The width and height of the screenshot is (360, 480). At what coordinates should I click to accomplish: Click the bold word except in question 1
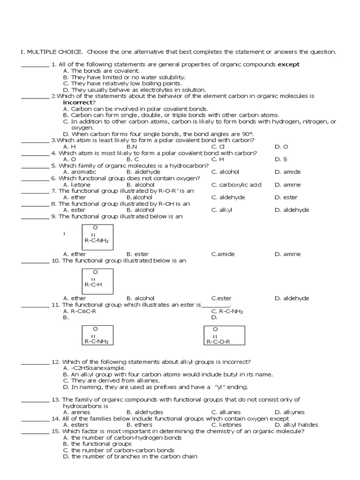tap(289, 64)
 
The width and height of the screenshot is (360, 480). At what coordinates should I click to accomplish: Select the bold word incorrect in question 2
tap(79, 102)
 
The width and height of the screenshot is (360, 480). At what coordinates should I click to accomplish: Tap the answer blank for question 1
tap(36, 65)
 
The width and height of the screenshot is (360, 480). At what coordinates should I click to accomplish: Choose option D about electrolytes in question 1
tap(134, 90)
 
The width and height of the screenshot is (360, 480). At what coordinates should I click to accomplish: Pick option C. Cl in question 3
tap(218, 147)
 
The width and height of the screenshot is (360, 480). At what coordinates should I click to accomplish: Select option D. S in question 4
tap(281, 159)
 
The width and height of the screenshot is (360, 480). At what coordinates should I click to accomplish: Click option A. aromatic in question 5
tap(80, 172)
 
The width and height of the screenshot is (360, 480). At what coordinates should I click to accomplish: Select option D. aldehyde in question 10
tap(292, 298)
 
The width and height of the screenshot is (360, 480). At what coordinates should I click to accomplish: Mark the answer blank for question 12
tap(36, 362)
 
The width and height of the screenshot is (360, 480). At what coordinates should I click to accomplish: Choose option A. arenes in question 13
tap(76, 412)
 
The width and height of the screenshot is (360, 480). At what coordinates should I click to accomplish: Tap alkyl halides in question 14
tap(296, 425)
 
